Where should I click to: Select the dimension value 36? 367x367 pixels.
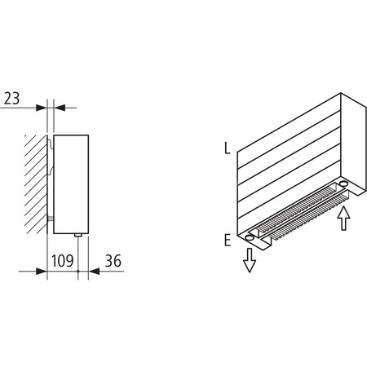click(x=113, y=261)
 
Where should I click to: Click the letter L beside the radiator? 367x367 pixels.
click(x=225, y=150)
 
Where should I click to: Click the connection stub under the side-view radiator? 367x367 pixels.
click(x=77, y=236)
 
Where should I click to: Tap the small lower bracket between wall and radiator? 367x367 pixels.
click(x=51, y=219)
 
